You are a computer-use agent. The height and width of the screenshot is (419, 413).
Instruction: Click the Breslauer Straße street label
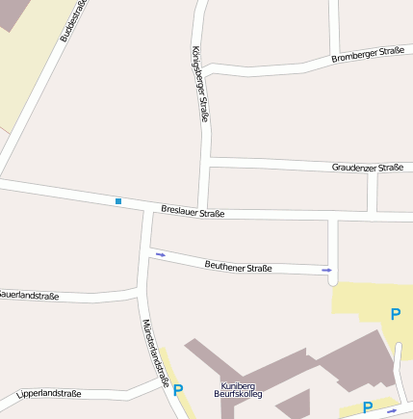click(193, 212)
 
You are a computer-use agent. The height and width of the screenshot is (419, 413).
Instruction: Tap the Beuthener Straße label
click(239, 267)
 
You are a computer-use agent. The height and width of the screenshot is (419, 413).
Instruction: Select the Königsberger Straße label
click(200, 84)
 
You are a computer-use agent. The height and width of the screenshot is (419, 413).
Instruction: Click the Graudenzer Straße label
click(367, 168)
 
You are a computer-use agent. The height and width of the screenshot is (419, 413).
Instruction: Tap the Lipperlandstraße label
click(49, 394)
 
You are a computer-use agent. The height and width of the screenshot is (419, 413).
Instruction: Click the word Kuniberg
click(237, 385)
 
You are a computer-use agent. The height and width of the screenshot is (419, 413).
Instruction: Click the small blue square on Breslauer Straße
click(118, 201)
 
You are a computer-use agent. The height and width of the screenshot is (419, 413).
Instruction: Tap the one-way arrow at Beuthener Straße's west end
click(160, 254)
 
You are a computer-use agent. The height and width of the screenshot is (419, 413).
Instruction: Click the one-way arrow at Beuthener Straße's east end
click(327, 271)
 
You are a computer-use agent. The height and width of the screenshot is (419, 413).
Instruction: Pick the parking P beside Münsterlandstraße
click(177, 390)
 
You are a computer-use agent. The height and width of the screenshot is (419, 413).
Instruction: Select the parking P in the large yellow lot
click(396, 314)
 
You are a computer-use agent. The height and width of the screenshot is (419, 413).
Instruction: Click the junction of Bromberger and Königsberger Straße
click(203, 70)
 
